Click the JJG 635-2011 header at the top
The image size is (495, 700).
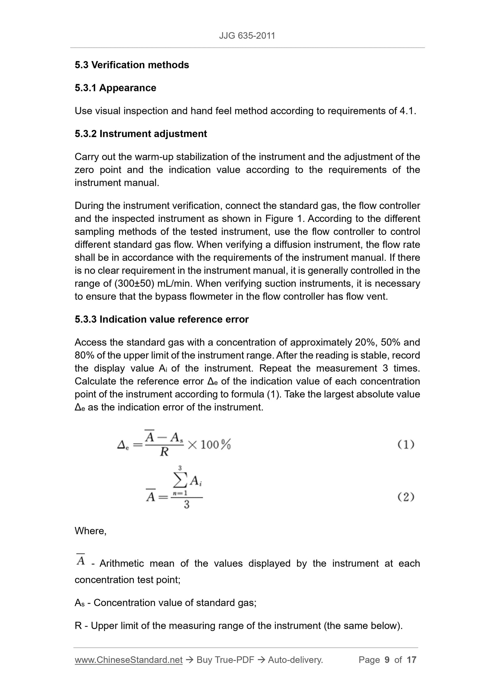[247, 36]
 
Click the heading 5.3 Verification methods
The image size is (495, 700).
[132, 65]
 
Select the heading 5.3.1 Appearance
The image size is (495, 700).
[115, 88]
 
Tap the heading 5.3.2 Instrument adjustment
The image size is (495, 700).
[141, 134]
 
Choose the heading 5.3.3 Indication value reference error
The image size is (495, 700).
[162, 319]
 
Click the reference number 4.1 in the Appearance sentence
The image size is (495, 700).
[406, 111]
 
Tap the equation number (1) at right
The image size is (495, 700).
[406, 445]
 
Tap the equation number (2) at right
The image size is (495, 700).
[406, 497]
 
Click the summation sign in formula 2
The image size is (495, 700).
[180, 481]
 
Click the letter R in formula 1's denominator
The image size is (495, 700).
[164, 452]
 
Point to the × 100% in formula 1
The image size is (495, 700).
[209, 445]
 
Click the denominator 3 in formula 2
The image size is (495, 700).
[186, 505]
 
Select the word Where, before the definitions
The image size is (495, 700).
[91, 531]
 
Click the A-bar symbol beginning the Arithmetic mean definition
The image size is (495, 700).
[81, 560]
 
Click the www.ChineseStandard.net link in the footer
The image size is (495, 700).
[128, 660]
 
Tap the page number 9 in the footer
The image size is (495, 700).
[387, 660]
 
